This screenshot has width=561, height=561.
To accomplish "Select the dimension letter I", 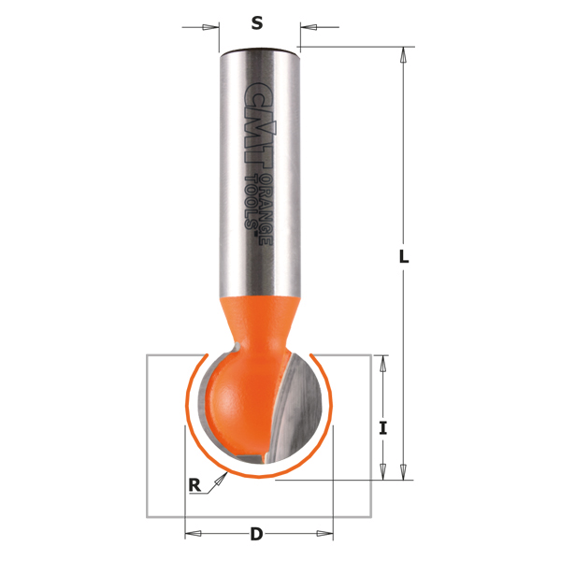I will tap(382, 428).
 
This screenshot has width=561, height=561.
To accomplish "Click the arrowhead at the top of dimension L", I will tap(403, 55).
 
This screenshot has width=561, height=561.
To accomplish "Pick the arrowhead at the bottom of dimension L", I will tap(403, 471).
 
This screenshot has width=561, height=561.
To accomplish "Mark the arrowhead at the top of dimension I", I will tap(381, 364).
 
